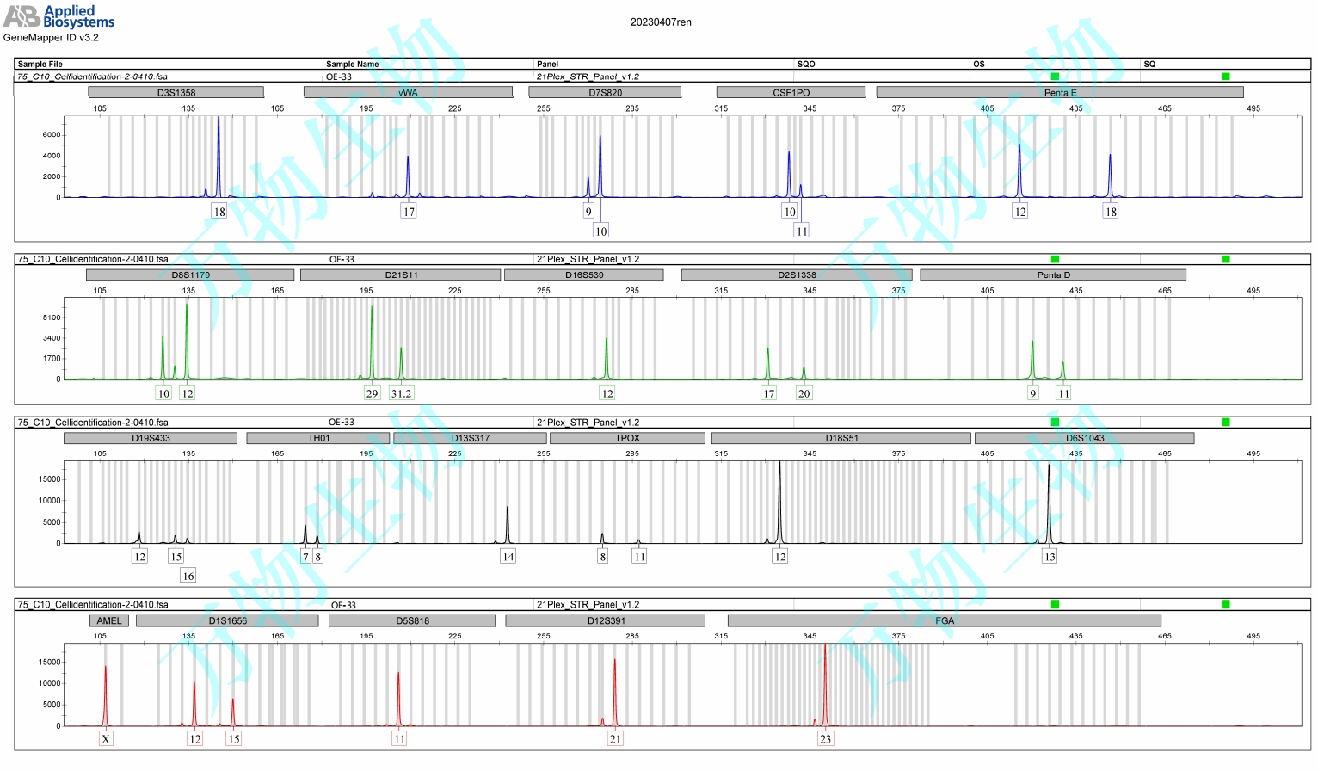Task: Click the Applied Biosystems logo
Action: pos(59,16)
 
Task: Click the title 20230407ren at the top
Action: pos(660,22)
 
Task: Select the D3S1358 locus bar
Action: pos(176,92)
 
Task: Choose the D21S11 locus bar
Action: pos(400,275)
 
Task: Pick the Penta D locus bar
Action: pos(1052,275)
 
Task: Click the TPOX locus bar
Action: pos(627,438)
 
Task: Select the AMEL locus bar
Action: pos(109,620)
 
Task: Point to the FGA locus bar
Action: pos(944,620)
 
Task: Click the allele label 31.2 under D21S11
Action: pos(401,393)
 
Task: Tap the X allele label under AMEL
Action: pos(106,738)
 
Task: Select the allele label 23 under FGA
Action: pos(825,738)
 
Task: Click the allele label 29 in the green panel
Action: pos(372,393)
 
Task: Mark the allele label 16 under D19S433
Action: pos(188,576)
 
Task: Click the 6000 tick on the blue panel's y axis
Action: pos(52,135)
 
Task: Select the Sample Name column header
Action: pos(352,64)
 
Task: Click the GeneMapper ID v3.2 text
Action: pos(51,38)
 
